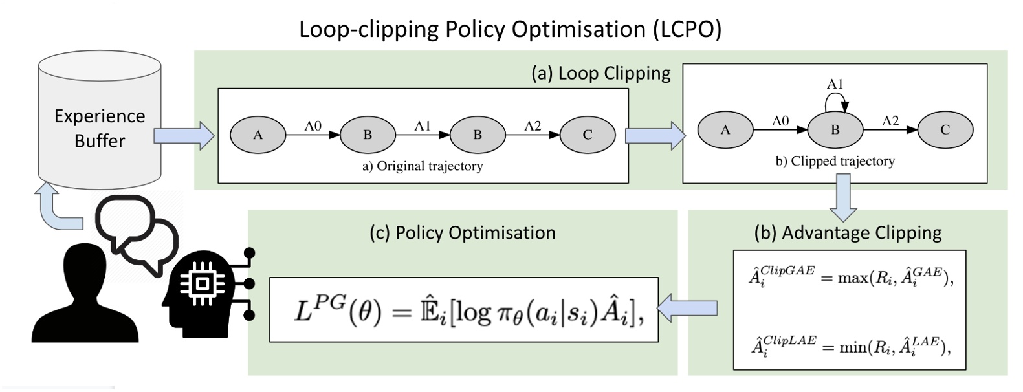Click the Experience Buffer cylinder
point(99,123)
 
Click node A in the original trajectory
point(258,135)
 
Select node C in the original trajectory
point(587,135)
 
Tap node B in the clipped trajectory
point(835,129)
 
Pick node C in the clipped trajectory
point(945,129)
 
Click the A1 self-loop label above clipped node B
point(835,84)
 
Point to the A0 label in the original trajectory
point(313,126)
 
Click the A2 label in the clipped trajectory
point(890,121)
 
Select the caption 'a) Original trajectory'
point(423,166)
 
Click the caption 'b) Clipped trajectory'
point(835,161)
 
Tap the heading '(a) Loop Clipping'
point(600,73)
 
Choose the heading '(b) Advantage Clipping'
point(848,232)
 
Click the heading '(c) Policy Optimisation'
point(462,232)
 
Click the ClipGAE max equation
point(850,276)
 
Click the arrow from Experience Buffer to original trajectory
point(184,135)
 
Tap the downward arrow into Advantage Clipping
point(842,197)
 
